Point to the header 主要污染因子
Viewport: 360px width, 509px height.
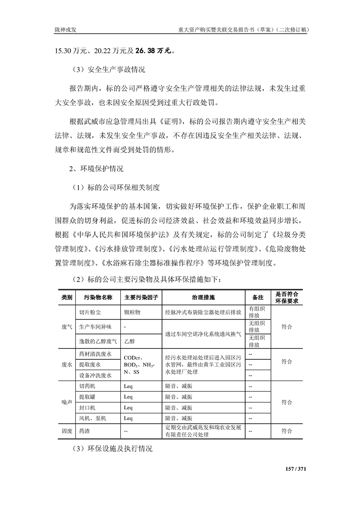[x=141, y=297]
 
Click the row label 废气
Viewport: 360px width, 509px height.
[x=66, y=327]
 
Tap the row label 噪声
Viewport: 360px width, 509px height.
[x=66, y=402]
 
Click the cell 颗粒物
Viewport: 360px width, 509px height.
[x=133, y=312]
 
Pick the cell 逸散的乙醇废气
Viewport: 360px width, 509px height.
[x=98, y=341]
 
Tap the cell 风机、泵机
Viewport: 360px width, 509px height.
[x=92, y=418]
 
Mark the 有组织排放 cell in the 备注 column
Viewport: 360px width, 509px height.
[x=257, y=312]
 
